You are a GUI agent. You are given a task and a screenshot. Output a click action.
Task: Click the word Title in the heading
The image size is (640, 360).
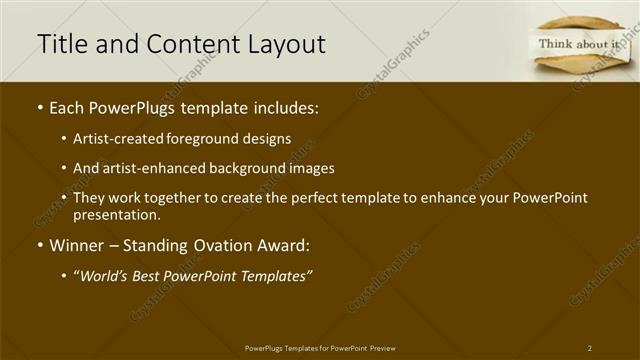[x=59, y=44]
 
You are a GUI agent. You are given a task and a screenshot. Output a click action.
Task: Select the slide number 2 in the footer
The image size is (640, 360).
[x=590, y=348]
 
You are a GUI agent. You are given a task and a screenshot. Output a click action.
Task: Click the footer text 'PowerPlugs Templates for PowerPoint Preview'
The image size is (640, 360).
[x=320, y=348]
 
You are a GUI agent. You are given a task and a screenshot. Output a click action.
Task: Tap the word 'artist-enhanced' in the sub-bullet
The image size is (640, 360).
[x=150, y=168]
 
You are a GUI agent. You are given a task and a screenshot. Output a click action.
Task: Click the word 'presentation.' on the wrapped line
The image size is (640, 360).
[x=116, y=215]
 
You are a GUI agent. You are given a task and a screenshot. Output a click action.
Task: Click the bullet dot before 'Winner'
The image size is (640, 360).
[x=39, y=245]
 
